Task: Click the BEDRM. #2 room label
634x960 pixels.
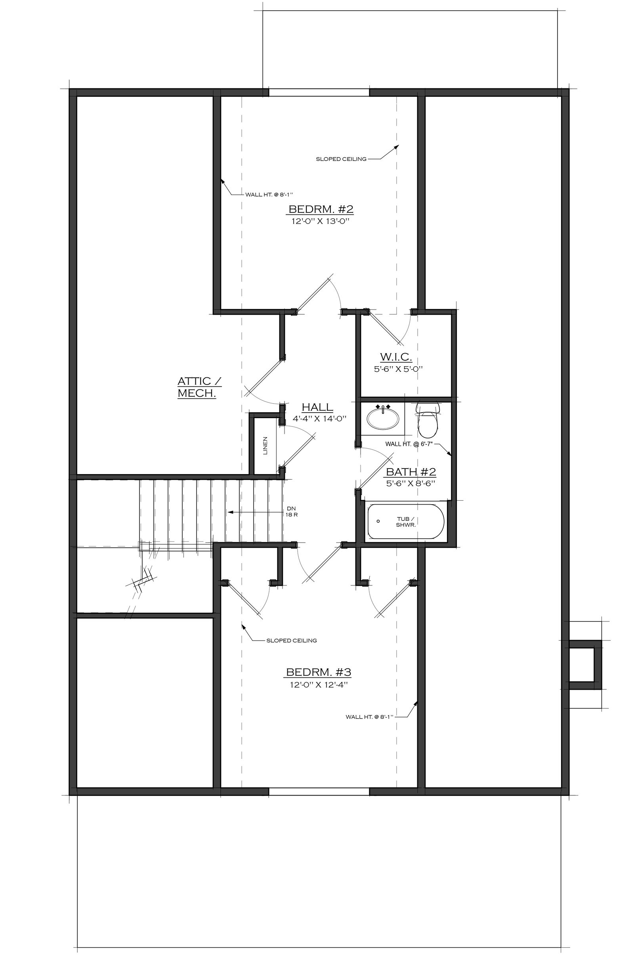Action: pyautogui.click(x=321, y=209)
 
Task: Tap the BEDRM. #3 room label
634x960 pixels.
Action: pyautogui.click(x=319, y=673)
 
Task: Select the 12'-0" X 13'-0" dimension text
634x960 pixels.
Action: pyautogui.click(x=319, y=222)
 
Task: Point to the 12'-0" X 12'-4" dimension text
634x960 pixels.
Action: pyautogui.click(x=319, y=685)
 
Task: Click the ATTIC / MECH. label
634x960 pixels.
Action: pyautogui.click(x=199, y=387)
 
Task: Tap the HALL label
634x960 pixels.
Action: pyautogui.click(x=317, y=407)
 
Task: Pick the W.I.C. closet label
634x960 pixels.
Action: pyautogui.click(x=396, y=357)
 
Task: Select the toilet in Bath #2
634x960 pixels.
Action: pyautogui.click(x=428, y=421)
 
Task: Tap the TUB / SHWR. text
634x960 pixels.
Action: pyautogui.click(x=405, y=522)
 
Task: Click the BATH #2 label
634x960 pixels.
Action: pyautogui.click(x=411, y=472)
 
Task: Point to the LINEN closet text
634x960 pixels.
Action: pyautogui.click(x=265, y=446)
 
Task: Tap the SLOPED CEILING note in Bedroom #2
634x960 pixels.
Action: pyautogui.click(x=341, y=159)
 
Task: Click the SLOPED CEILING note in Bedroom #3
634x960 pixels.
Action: pyautogui.click(x=292, y=641)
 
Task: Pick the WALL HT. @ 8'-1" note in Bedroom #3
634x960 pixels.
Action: pyautogui.click(x=370, y=717)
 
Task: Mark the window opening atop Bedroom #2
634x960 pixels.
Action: pyautogui.click(x=319, y=92)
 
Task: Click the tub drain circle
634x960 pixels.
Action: pyautogui.click(x=378, y=521)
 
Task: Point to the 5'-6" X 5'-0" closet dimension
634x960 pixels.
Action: pyautogui.click(x=398, y=369)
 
